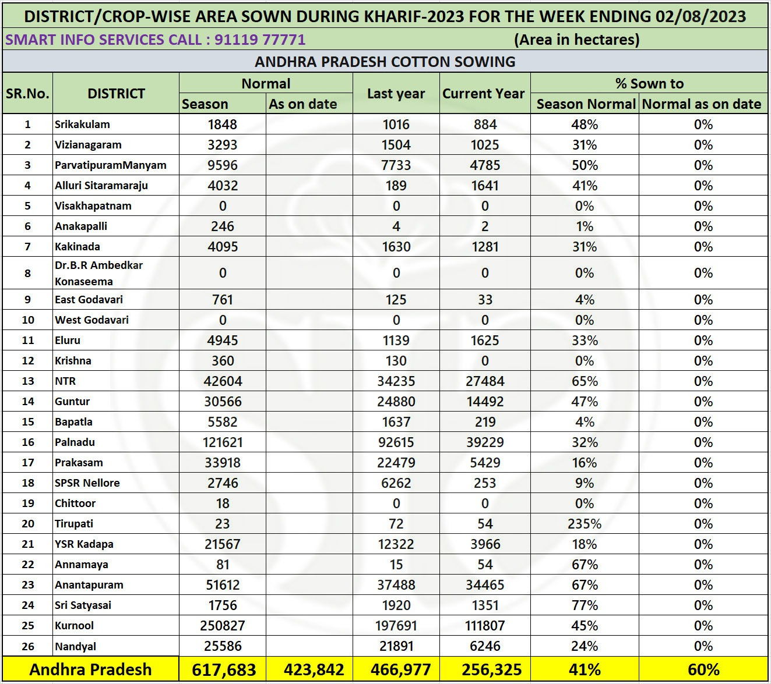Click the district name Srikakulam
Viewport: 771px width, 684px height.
pos(82,125)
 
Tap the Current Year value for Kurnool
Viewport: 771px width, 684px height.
pos(485,626)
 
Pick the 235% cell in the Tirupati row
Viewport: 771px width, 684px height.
pos(585,524)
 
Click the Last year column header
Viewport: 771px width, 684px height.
pos(396,94)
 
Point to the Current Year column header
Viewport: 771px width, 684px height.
pos(484,94)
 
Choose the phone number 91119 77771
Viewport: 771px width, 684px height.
pos(260,40)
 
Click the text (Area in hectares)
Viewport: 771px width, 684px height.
pos(576,40)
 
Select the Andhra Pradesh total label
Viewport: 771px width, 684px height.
pos(90,669)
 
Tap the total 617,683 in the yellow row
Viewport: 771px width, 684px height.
pos(223,669)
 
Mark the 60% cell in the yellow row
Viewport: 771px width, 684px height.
pos(703,669)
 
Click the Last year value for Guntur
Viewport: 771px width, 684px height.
pos(396,402)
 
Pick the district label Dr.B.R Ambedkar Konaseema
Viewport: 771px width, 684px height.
pos(98,273)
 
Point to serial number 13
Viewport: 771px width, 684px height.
pos(27,381)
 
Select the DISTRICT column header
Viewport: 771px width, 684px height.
pos(116,94)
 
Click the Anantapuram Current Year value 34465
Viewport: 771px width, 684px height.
pos(485,585)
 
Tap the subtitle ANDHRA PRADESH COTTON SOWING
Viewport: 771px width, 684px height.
pos(385,62)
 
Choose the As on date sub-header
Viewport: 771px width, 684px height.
pos(303,104)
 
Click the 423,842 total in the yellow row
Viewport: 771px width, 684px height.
pos(314,669)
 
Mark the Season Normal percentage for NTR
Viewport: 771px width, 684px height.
pos(585,381)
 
